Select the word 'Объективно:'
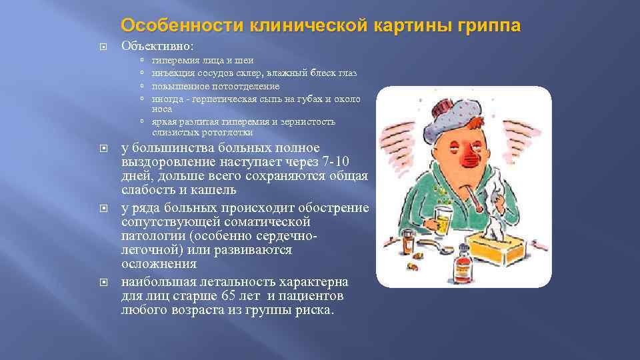tap(158, 47)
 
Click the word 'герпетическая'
tap(218, 99)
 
